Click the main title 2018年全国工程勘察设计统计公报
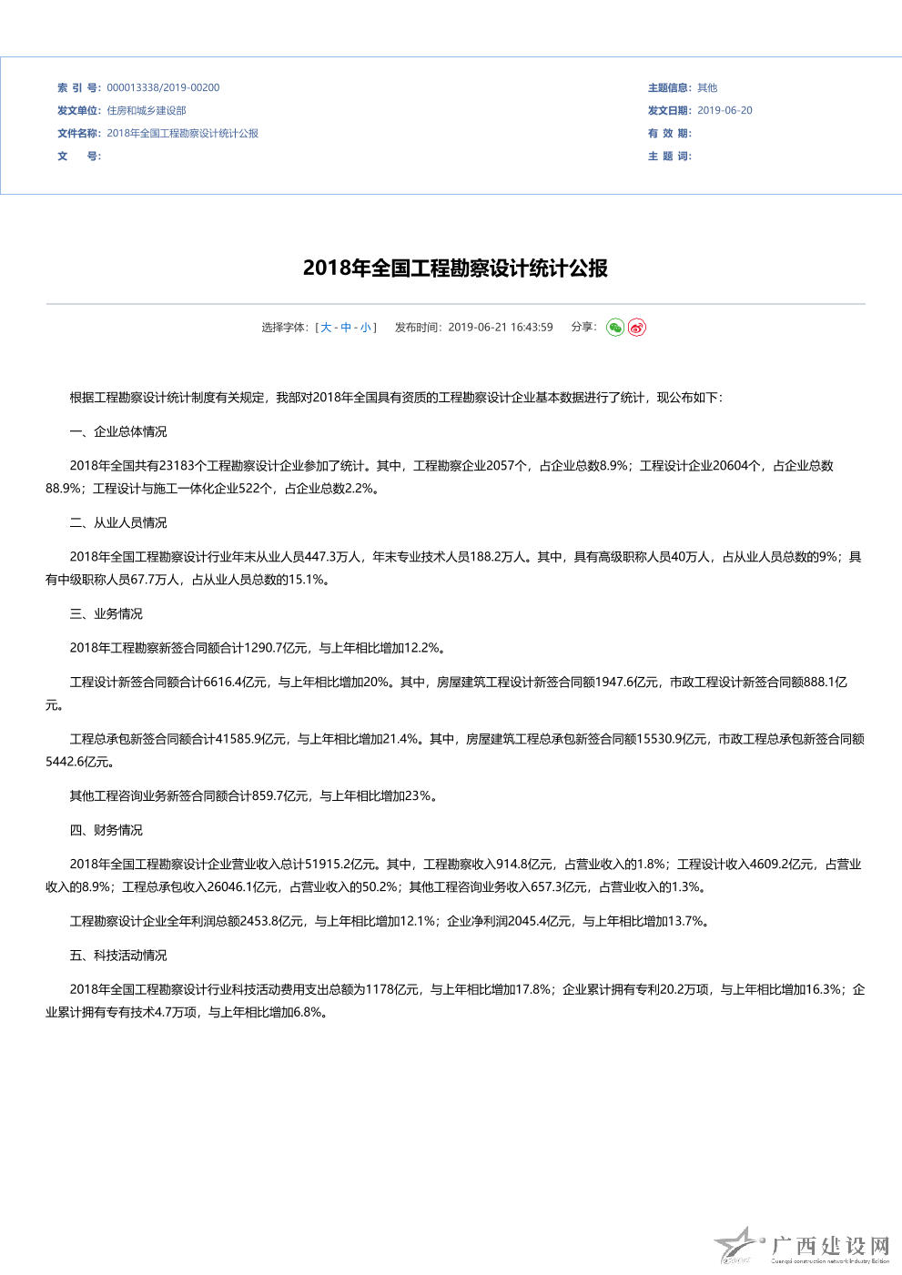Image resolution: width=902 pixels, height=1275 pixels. [x=455, y=268]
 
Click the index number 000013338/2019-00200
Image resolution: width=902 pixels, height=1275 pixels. [x=163, y=88]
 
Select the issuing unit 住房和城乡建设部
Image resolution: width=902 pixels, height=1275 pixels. [x=147, y=111]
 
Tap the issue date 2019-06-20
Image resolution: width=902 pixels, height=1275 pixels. [x=725, y=111]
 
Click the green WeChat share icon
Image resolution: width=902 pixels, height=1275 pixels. [x=615, y=328]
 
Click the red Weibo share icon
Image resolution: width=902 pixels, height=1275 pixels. [x=637, y=328]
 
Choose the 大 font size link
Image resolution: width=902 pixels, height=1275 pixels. [x=326, y=328]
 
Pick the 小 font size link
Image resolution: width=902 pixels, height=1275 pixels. [x=365, y=328]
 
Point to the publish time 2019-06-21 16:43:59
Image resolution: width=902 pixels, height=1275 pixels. [x=500, y=328]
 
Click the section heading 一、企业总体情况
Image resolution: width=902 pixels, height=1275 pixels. [x=118, y=431]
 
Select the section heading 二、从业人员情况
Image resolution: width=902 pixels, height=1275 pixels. [x=118, y=522]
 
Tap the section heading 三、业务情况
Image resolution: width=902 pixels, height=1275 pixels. [x=106, y=613]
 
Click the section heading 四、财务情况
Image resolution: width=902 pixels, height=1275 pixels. [x=106, y=830]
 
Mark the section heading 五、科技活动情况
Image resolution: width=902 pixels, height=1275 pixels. [x=118, y=956]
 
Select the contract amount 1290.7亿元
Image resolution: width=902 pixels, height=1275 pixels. [x=276, y=648]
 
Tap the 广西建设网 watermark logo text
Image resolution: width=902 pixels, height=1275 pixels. [x=830, y=1246]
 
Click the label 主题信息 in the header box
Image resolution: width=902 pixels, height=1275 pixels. [x=668, y=88]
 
